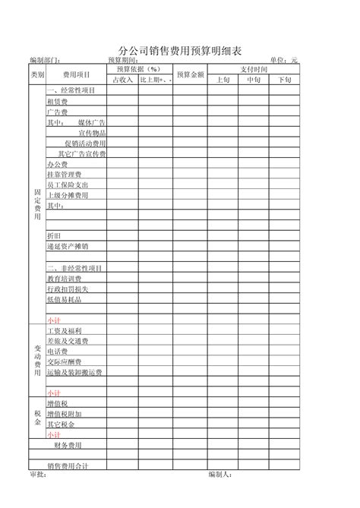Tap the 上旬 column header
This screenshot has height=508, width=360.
pos(223,79)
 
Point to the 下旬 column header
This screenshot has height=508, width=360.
pos(284,79)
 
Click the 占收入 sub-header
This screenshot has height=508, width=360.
pos(122,79)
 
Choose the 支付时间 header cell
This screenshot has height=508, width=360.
pos(254,69)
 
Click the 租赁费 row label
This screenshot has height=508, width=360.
pos(57,101)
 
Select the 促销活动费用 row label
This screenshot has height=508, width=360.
pos(85,143)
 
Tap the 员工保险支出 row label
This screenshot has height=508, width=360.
pos(68,185)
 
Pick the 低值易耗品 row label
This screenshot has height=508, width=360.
pos(64,300)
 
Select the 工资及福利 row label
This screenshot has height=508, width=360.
pos(64,331)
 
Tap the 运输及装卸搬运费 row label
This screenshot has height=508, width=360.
pos(74,373)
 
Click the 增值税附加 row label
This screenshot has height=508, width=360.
pos(64,414)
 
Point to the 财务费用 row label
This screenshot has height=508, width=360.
pos(68,445)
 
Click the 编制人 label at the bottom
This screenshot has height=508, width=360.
pos(219,475)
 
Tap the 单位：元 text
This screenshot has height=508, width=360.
pos(284,60)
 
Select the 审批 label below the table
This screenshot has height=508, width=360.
pos(37,475)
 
